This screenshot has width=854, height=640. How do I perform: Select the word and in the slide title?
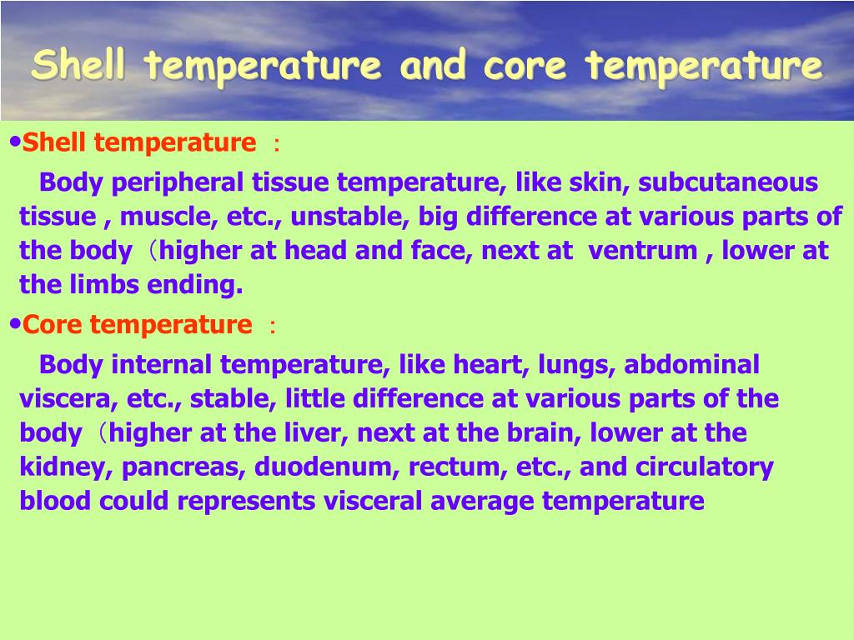click(x=433, y=65)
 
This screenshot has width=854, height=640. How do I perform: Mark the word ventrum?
click(x=643, y=251)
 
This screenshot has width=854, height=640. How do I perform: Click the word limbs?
click(x=109, y=285)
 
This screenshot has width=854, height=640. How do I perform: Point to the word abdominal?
click(x=692, y=364)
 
